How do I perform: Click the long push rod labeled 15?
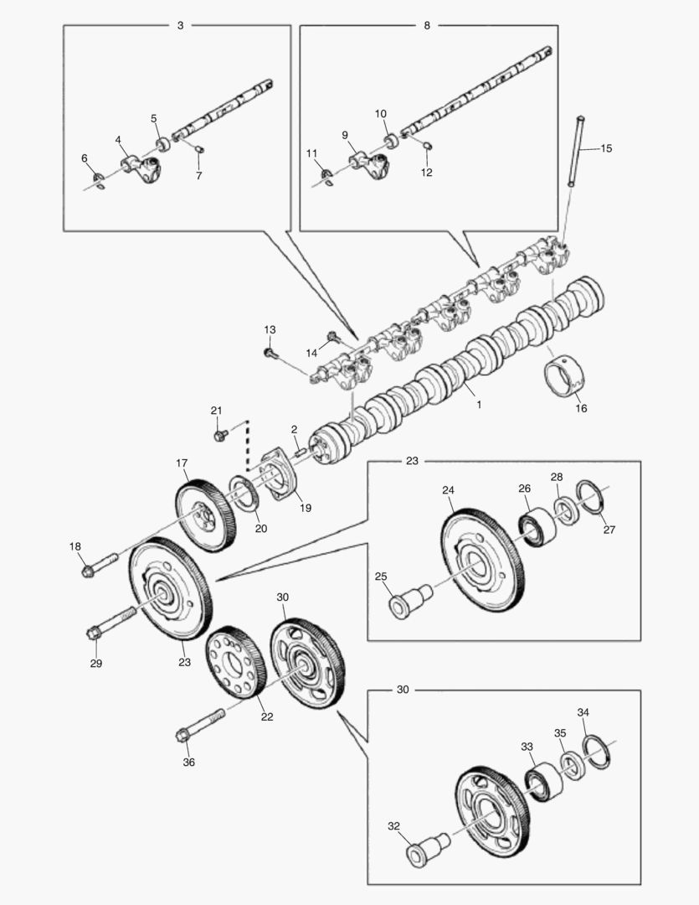coord(575,152)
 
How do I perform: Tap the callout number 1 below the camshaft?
coord(479,404)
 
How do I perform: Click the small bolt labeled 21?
coord(221,436)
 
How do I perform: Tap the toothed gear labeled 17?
coord(204,515)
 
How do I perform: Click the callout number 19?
coord(305,508)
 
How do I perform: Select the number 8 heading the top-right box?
coord(427,26)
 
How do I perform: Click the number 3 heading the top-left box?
coord(180,26)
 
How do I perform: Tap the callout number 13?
coord(270,330)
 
